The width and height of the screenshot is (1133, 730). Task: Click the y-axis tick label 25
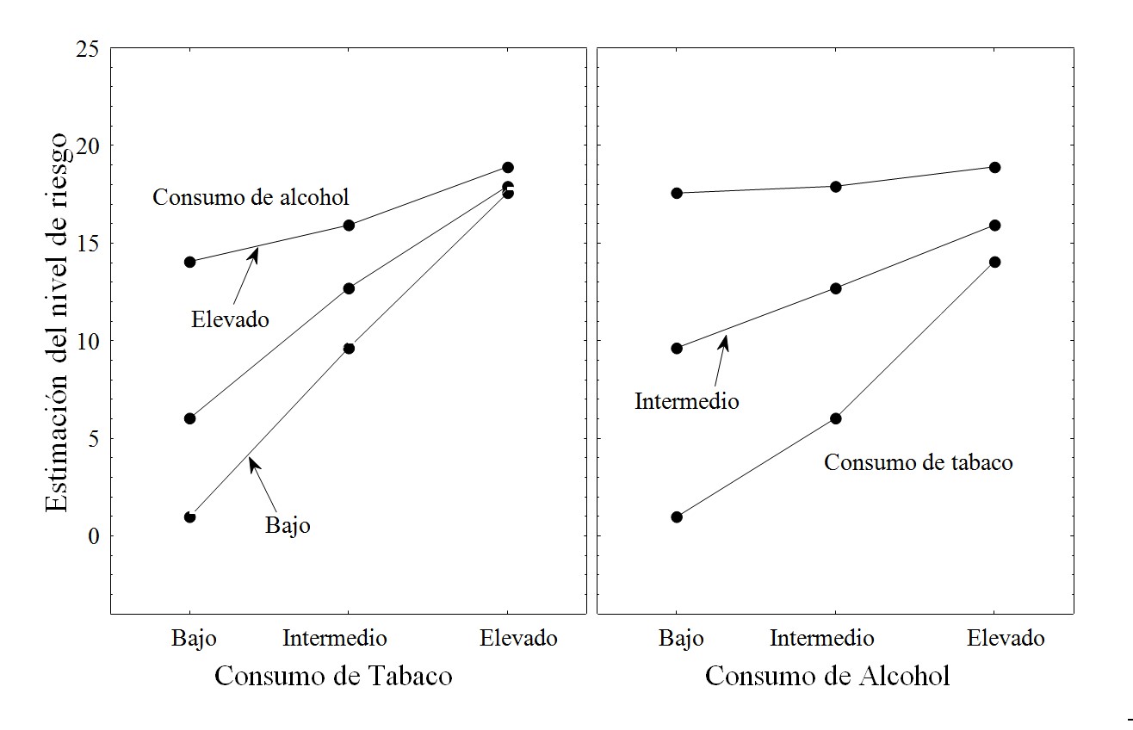pyautogui.click(x=86, y=49)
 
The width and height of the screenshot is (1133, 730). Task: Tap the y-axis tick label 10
pyautogui.click(x=86, y=342)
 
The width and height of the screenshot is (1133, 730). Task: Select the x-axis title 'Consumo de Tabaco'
pyautogui.click(x=333, y=676)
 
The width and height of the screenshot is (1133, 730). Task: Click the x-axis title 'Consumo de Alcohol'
pyautogui.click(x=827, y=676)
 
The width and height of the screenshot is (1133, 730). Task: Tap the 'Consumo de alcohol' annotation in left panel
pyautogui.click(x=251, y=197)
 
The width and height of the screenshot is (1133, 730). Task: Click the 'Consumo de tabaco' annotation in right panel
pyautogui.click(x=918, y=462)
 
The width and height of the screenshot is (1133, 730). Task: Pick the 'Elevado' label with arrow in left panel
pyautogui.click(x=230, y=320)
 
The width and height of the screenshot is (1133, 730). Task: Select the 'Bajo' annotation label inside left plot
pyautogui.click(x=288, y=525)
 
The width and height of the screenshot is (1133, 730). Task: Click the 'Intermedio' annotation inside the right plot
pyautogui.click(x=686, y=401)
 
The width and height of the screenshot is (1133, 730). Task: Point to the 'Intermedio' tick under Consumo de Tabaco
pyautogui.click(x=335, y=638)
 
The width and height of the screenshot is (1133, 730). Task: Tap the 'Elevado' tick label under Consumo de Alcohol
pyautogui.click(x=1006, y=638)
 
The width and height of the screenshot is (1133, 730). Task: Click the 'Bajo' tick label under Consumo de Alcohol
pyautogui.click(x=681, y=638)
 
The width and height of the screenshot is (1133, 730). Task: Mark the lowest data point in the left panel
pyautogui.click(x=189, y=517)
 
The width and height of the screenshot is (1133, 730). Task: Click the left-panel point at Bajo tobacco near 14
pyautogui.click(x=189, y=262)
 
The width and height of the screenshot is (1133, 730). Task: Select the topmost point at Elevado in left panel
pyautogui.click(x=508, y=167)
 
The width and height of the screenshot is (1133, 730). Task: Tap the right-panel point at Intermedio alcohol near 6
pyautogui.click(x=835, y=418)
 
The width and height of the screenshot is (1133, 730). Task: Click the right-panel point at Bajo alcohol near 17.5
pyautogui.click(x=677, y=193)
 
